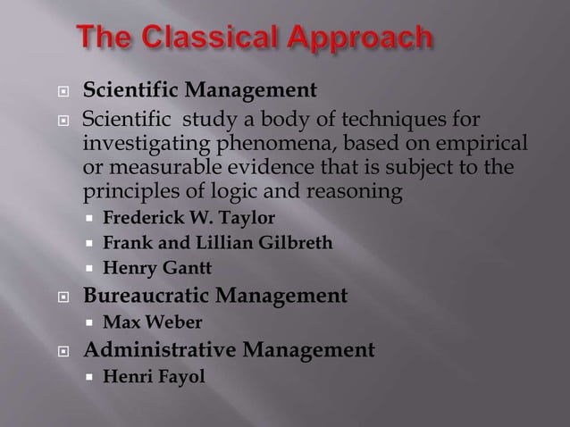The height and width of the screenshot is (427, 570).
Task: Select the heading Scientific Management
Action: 199,91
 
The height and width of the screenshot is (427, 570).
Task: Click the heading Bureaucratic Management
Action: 214,295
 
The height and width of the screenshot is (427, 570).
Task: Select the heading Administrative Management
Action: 229,348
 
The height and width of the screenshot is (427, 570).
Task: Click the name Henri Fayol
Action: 155,376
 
